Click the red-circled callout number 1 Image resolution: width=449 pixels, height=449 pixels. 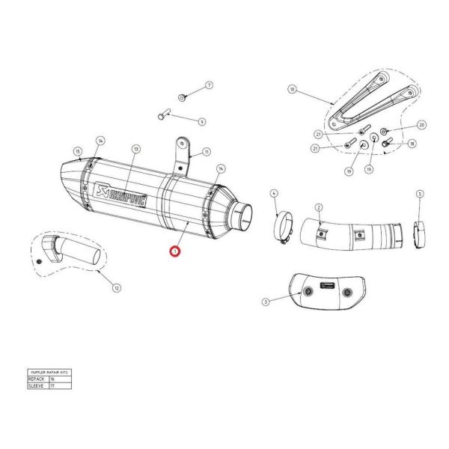pos(174,252)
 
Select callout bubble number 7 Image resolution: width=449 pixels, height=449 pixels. pos(209,85)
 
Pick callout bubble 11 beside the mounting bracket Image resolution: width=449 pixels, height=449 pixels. pos(206,151)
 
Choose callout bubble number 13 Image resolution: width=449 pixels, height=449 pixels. pos(135,149)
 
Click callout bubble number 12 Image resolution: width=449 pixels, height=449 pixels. pos(116,287)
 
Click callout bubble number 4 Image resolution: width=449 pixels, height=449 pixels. pos(275,193)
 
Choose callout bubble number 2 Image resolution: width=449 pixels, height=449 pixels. pos(319,207)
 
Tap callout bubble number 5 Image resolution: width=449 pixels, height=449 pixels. pos(420,193)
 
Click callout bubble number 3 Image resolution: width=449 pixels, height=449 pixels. pos(266,302)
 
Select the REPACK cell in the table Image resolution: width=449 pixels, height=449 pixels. pos(37,379)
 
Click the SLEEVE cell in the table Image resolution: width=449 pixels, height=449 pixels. pos(37,386)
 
